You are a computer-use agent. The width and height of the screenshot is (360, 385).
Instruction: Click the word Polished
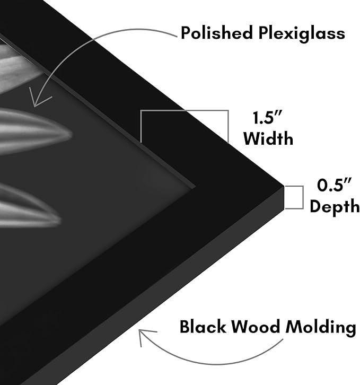click(217, 33)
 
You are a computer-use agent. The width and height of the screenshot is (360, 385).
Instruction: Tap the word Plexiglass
click(302, 33)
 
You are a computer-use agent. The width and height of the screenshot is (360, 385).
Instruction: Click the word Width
click(268, 139)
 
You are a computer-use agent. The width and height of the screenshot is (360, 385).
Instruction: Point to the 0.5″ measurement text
click(334, 185)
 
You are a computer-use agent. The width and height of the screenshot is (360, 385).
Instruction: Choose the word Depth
click(335, 206)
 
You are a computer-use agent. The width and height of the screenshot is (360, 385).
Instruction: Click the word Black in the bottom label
click(203, 327)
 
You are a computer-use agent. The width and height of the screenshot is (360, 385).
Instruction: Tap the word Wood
click(256, 327)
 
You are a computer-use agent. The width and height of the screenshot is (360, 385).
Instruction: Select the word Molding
click(321, 327)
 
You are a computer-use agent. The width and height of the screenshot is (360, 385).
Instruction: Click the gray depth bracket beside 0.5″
click(303, 197)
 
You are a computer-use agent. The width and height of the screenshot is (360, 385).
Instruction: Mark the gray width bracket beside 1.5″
click(184, 111)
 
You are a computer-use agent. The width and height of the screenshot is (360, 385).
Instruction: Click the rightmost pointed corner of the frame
click(284, 186)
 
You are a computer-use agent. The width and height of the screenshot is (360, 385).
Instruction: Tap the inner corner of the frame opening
click(196, 188)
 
